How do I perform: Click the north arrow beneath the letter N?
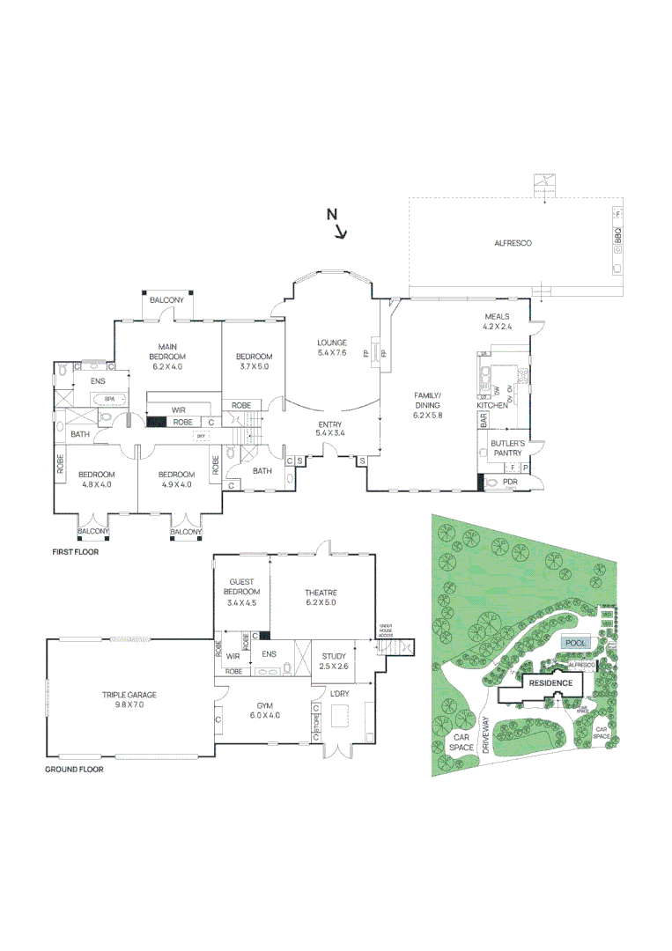coord(341,232)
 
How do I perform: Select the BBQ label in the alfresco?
coord(618,236)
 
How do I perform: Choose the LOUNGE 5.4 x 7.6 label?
coord(332,347)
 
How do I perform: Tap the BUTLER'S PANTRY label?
coord(508,446)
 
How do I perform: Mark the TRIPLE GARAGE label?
coord(129,700)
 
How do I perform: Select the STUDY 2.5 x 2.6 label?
coord(333,661)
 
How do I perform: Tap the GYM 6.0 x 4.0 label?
coord(264,711)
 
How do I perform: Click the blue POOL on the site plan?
coord(576,643)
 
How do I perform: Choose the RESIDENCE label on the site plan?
coord(550,683)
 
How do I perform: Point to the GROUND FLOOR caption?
coord(74,769)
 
